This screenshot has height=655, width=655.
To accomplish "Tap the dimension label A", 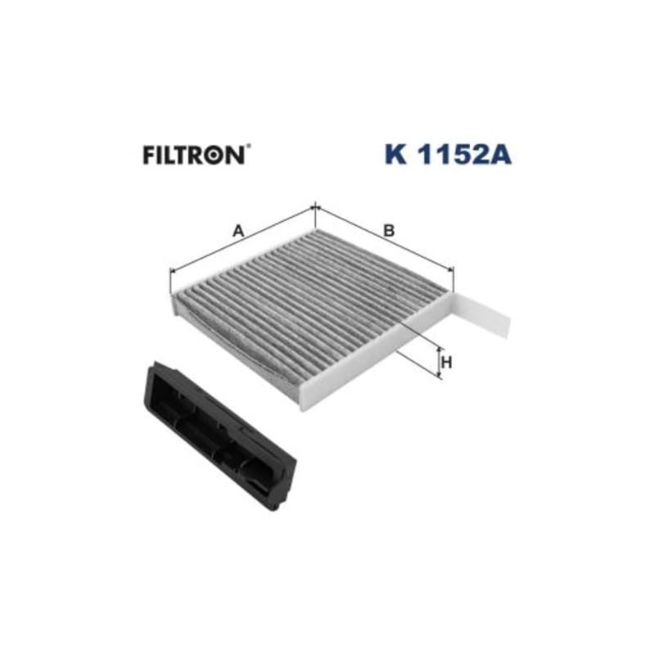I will click(238, 231).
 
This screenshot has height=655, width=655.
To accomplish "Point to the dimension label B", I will click(390, 231).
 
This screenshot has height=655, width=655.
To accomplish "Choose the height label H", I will click(447, 361).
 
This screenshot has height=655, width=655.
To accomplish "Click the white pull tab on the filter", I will click(485, 318).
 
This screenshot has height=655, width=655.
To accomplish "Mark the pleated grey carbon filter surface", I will click(311, 307).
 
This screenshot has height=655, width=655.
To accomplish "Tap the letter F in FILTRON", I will click(149, 155).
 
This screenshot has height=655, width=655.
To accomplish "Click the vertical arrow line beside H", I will click(440, 361).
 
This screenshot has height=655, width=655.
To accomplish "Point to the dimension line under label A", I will click(242, 243).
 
